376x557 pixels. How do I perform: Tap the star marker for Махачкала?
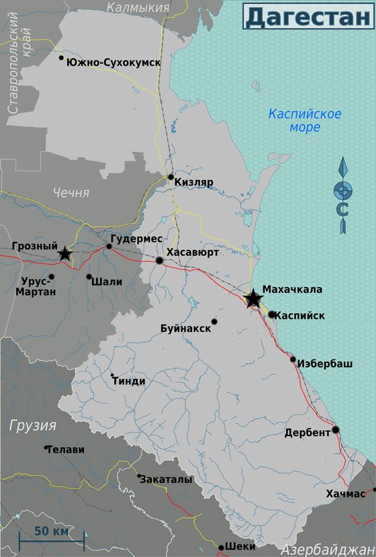(x=253, y=299)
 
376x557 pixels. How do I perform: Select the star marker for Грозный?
(x=64, y=254)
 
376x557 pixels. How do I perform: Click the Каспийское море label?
(x=304, y=120)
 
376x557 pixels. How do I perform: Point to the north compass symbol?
(x=343, y=195)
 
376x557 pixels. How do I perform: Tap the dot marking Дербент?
(x=336, y=430)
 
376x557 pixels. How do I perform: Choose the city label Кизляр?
(x=193, y=182)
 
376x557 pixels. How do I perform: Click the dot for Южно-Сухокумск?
(x=62, y=58)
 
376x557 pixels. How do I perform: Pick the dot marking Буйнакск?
(x=215, y=321)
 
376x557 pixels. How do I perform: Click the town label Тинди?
(x=130, y=381)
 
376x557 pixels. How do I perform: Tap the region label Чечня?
(x=70, y=193)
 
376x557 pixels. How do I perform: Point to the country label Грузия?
(x=33, y=425)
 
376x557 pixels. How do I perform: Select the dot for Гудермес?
(x=109, y=247)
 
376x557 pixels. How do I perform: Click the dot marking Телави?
(x=46, y=447)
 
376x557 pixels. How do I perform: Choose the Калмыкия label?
(x=138, y=8)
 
